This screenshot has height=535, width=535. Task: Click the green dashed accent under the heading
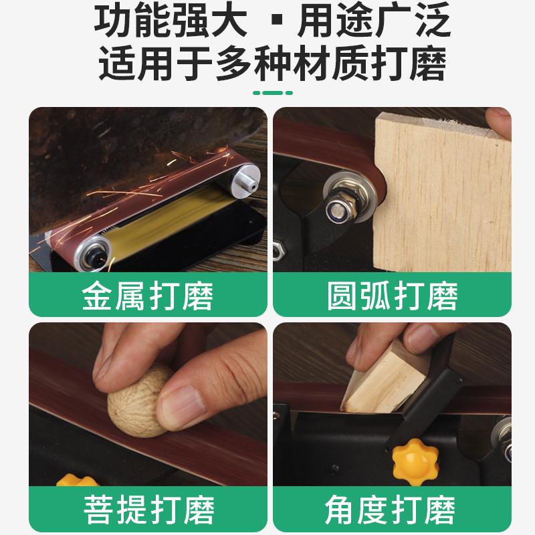pyautogui.click(x=267, y=92)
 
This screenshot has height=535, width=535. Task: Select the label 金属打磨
pyautogui.click(x=147, y=295)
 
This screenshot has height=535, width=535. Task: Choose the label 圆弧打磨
pyautogui.click(x=391, y=295)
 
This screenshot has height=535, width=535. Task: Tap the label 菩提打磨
pyautogui.click(x=147, y=510)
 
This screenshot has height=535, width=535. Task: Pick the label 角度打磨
pyautogui.click(x=391, y=510)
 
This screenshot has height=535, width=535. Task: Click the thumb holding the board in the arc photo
pyautogui.click(x=509, y=121)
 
